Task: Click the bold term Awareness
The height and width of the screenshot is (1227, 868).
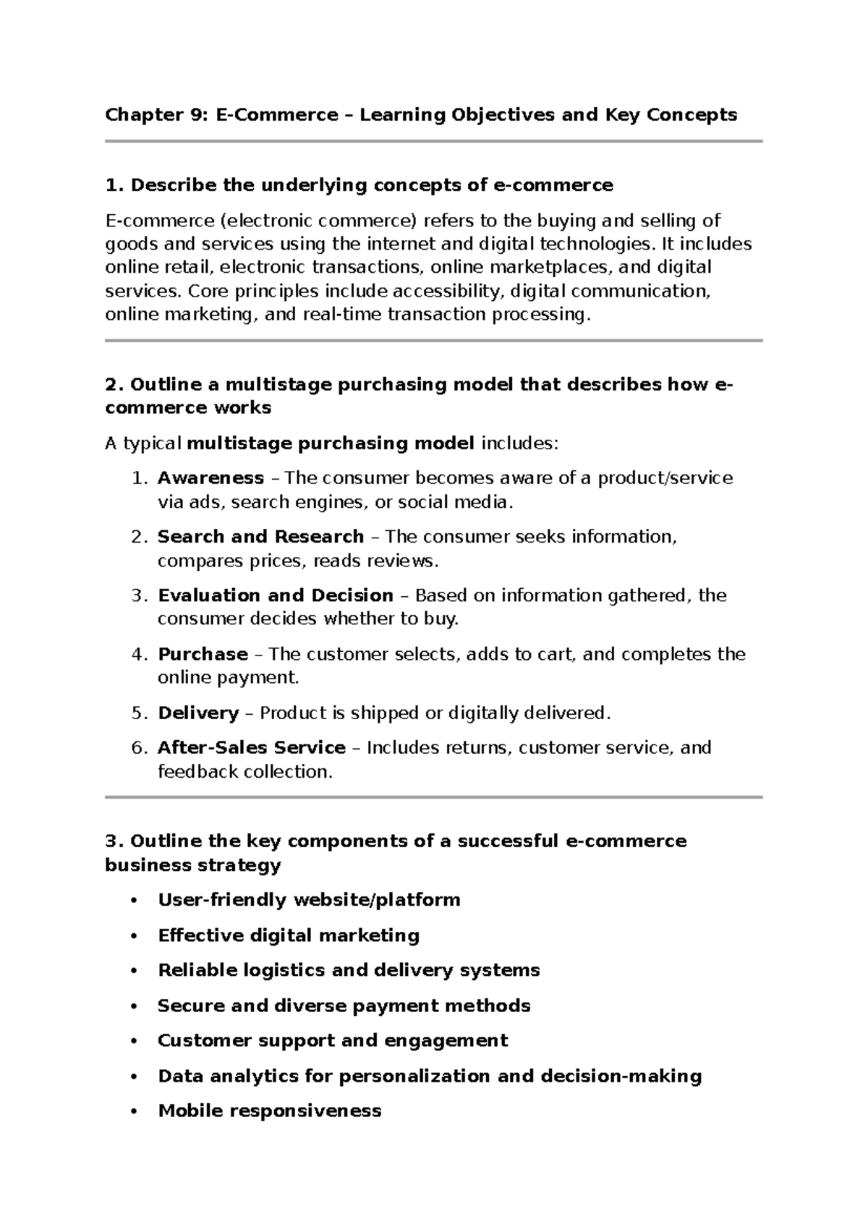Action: pos(210,478)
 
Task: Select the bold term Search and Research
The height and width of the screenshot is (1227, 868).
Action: pos(260,537)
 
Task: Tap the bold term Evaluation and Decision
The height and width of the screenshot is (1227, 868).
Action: pos(276,595)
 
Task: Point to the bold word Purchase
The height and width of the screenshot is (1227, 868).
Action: pos(203,654)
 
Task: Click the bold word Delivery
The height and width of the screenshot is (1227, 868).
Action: pos(198,713)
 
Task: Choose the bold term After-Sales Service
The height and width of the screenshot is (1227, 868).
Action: pos(251,747)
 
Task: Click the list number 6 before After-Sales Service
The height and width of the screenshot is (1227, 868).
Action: pos(139,747)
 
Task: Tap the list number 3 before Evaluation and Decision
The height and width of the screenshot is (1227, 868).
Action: pos(139,595)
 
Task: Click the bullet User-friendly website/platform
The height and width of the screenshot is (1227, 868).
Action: pos(309,900)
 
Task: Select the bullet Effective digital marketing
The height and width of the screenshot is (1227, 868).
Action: pos(289,935)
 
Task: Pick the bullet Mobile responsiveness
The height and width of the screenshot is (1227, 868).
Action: pos(269,1111)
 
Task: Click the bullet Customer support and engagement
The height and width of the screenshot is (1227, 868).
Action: pos(333,1040)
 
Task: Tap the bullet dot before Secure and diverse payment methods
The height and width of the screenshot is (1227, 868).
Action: pos(132,1006)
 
